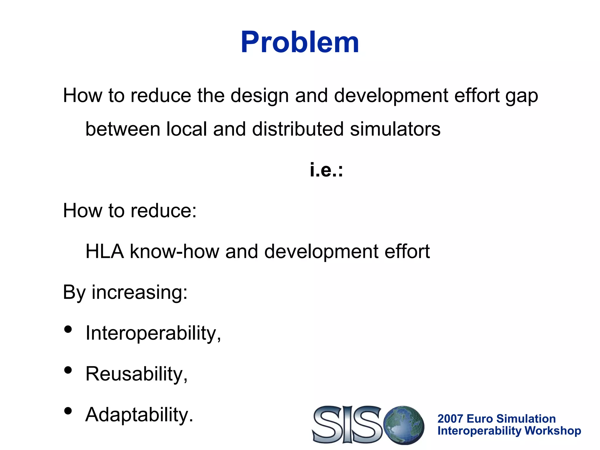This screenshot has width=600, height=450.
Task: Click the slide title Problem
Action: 300,42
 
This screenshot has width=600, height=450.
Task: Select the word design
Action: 260,96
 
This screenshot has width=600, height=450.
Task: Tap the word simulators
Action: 395,129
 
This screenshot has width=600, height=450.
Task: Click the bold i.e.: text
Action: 326,170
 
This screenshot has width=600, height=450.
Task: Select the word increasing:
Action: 139,292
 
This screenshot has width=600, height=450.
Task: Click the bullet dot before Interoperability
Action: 68,330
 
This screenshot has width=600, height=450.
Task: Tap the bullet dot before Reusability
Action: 68,370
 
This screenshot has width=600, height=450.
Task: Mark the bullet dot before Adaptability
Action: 68,411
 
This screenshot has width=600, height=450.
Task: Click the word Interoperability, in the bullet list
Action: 153,333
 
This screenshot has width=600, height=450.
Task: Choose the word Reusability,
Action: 136,374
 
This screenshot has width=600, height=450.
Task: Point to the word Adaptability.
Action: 139,415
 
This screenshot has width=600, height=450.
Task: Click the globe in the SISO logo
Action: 405,425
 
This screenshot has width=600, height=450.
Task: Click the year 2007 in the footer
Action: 450,419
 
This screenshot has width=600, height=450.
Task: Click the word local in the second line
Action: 186,129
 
